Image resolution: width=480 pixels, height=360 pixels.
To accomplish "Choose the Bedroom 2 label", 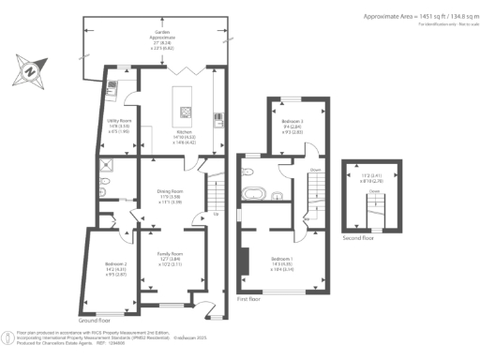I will click(114, 269).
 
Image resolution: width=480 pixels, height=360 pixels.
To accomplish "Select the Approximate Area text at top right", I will click(418, 17).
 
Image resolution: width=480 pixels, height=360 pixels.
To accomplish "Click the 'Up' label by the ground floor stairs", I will click(217, 215).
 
